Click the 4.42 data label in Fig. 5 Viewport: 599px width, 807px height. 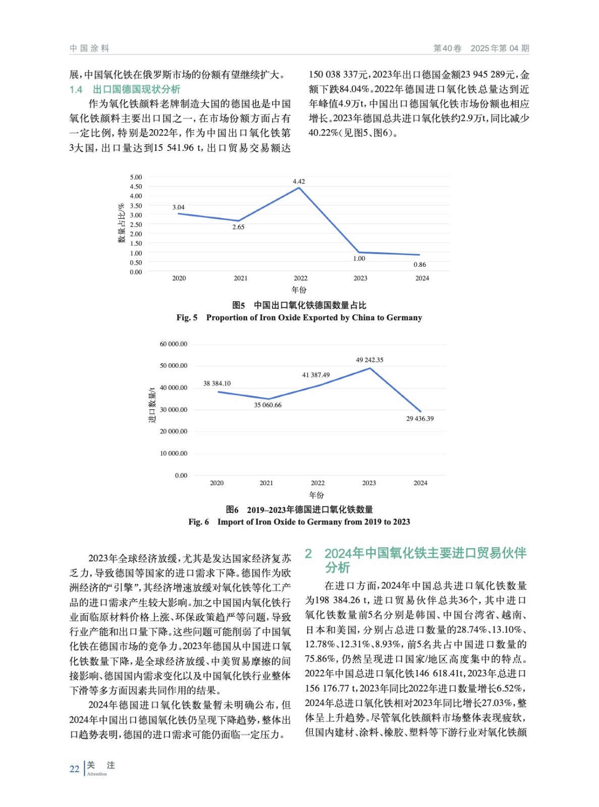click(x=299, y=182)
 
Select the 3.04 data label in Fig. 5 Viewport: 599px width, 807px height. click(x=178, y=207)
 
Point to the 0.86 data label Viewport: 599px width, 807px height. click(x=419, y=265)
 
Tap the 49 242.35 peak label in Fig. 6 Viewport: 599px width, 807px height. click(x=369, y=360)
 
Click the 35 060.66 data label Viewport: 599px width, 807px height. click(x=267, y=405)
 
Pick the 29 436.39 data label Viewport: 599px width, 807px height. click(x=420, y=419)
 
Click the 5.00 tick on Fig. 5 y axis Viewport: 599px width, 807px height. click(x=136, y=178)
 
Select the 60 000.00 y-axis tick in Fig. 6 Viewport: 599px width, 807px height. click(x=173, y=344)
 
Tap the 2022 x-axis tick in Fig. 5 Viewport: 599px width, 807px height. click(x=300, y=278)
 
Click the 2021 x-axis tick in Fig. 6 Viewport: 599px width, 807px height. click(x=266, y=483)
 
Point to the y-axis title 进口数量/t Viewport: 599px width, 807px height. click(x=152, y=405)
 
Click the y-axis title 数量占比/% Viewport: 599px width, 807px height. click(x=121, y=223)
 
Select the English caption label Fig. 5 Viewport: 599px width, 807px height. click(x=187, y=318)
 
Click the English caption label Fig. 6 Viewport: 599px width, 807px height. click(x=198, y=522)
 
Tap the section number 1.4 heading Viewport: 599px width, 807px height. click(x=76, y=90)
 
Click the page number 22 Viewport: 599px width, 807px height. click(x=74, y=769)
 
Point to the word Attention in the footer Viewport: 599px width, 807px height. click(x=97, y=774)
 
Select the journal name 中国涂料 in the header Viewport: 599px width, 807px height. click(x=89, y=48)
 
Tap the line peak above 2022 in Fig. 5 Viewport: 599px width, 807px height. click(x=299, y=188)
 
